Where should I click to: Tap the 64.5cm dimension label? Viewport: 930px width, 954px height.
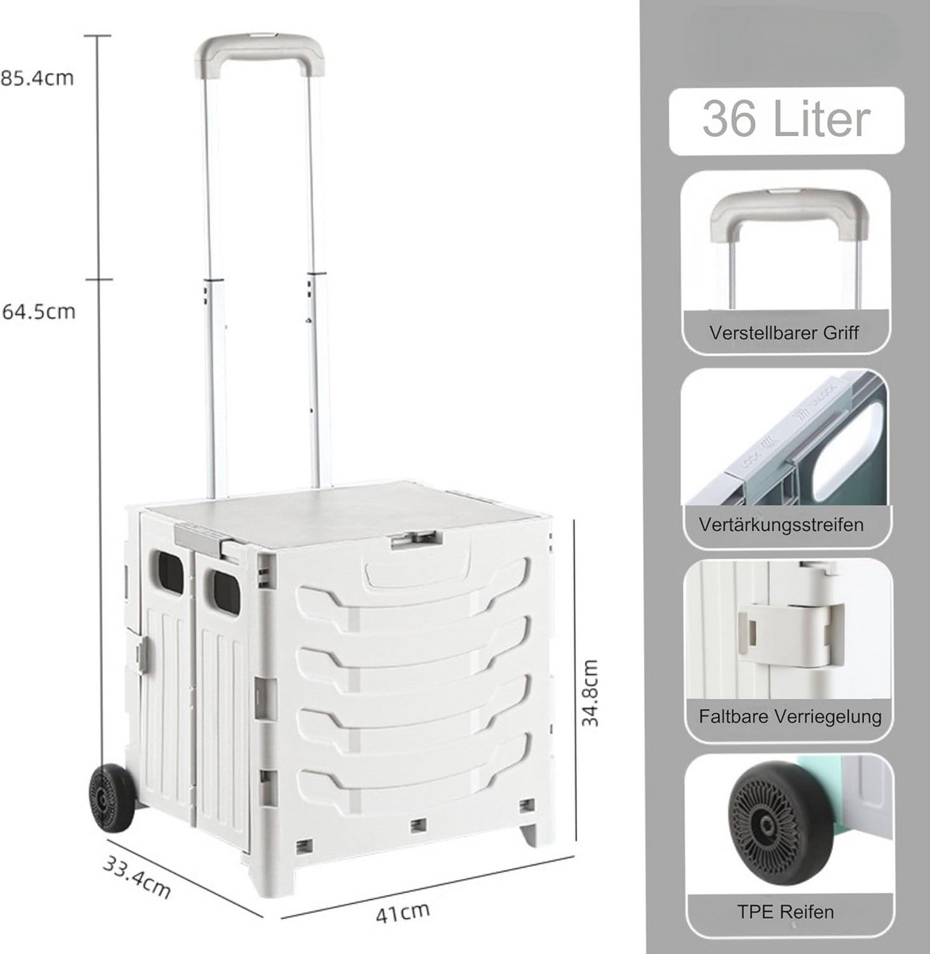[39, 312]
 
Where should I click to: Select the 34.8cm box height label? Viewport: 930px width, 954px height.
[589, 692]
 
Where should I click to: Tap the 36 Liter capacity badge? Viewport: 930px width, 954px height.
[786, 121]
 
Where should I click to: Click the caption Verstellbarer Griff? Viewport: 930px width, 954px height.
[784, 333]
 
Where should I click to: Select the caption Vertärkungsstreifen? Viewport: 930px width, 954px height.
[781, 525]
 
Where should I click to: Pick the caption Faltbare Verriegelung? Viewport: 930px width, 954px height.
[790, 717]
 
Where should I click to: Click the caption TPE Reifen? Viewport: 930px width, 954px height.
[785, 912]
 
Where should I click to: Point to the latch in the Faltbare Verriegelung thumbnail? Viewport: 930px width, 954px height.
[791, 634]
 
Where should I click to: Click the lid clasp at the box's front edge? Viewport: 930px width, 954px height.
[417, 539]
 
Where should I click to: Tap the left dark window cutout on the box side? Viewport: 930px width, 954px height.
[168, 571]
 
